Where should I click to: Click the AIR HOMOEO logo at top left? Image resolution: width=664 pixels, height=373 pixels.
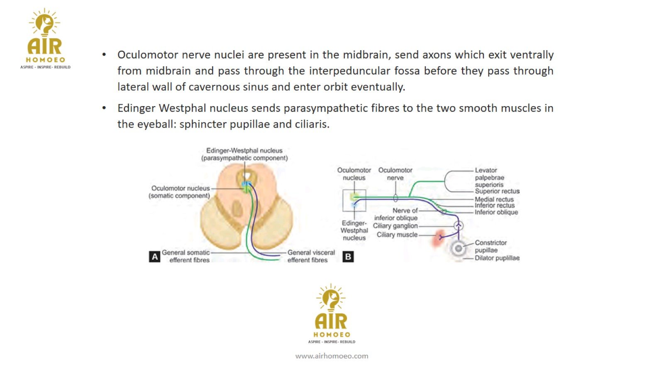(x=45, y=39)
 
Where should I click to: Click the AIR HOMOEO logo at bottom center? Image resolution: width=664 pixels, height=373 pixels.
(x=332, y=314)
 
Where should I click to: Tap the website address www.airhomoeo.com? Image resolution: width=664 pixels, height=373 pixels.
(x=332, y=356)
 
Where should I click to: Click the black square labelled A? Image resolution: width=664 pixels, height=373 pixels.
(x=154, y=257)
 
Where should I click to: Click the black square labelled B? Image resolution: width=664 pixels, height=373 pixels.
(x=348, y=257)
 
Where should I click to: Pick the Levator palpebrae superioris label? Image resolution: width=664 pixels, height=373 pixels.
(x=490, y=177)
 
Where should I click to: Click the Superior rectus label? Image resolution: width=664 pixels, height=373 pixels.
(x=497, y=191)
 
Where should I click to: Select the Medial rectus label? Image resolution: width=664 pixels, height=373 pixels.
(x=494, y=199)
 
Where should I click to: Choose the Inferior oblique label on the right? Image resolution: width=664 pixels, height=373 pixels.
(x=496, y=212)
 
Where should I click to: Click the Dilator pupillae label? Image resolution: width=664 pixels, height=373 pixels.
(x=497, y=258)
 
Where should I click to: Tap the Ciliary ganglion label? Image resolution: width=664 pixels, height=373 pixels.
(x=395, y=226)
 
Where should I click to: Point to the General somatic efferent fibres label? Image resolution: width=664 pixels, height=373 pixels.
(x=186, y=256)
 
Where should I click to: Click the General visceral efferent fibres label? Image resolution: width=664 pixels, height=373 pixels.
(x=311, y=256)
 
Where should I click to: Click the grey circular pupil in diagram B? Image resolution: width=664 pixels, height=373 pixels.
(x=458, y=249)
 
